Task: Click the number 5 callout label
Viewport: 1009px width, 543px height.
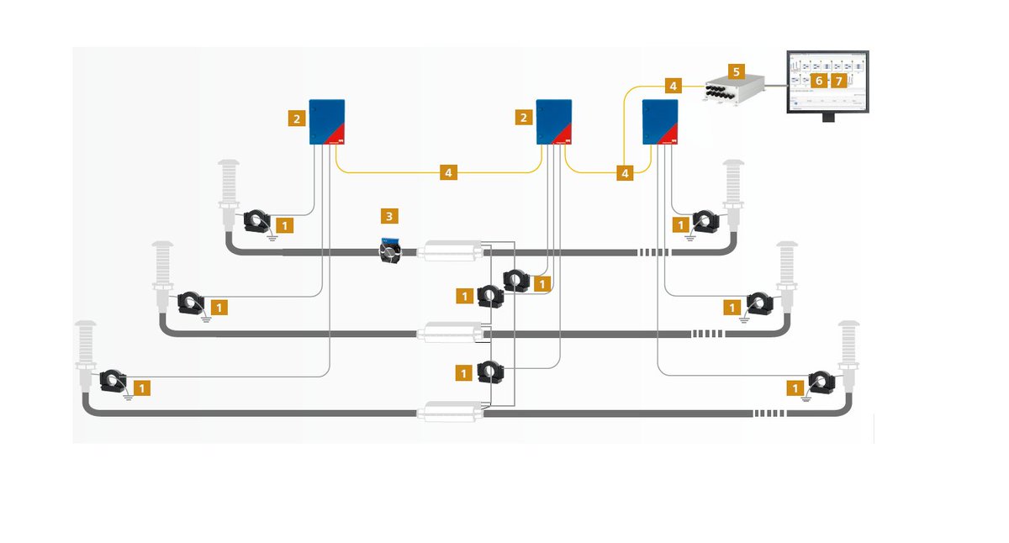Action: click(736, 72)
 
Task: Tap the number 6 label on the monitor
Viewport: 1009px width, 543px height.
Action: click(819, 81)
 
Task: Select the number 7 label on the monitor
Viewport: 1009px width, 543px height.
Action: click(838, 81)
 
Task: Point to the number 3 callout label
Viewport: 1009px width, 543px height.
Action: click(388, 216)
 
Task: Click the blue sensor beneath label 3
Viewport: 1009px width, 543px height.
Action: click(388, 250)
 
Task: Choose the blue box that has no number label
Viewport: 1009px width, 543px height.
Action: click(659, 123)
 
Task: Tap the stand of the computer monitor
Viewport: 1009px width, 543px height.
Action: click(828, 117)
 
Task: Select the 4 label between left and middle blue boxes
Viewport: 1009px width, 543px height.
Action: click(449, 173)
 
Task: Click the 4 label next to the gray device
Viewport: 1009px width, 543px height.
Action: click(672, 86)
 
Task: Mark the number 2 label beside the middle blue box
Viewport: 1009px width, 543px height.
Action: click(525, 118)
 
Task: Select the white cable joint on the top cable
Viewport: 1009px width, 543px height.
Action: click(452, 250)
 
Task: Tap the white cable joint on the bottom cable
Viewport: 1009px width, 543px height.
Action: click(452, 412)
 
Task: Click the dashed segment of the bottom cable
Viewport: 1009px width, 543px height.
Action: click(769, 413)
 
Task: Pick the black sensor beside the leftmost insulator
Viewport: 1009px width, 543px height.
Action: click(112, 382)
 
